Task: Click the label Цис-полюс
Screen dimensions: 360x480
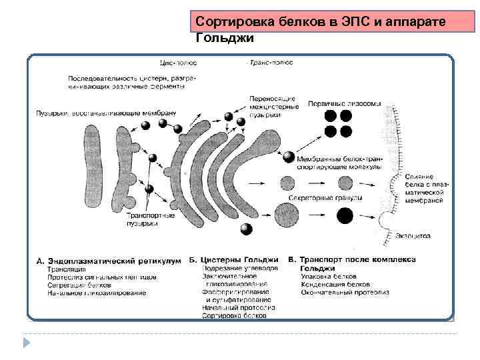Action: tap(177, 63)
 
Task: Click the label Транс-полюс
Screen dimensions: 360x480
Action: tap(271, 63)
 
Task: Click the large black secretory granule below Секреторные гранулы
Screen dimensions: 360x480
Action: tap(345, 215)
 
